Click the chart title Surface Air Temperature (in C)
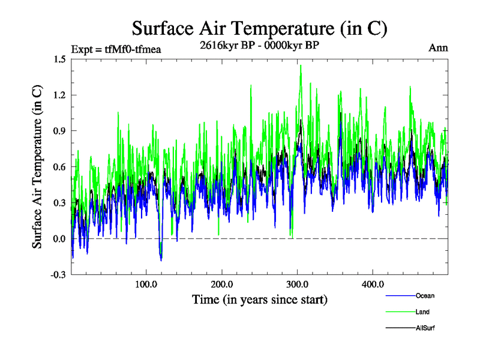260,28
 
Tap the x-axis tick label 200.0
222,284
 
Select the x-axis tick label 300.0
298,284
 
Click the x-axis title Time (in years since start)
260,299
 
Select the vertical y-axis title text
37,167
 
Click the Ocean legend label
424,296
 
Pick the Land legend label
422,312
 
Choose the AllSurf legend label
424,328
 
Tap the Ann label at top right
438,47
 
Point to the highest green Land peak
300,65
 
